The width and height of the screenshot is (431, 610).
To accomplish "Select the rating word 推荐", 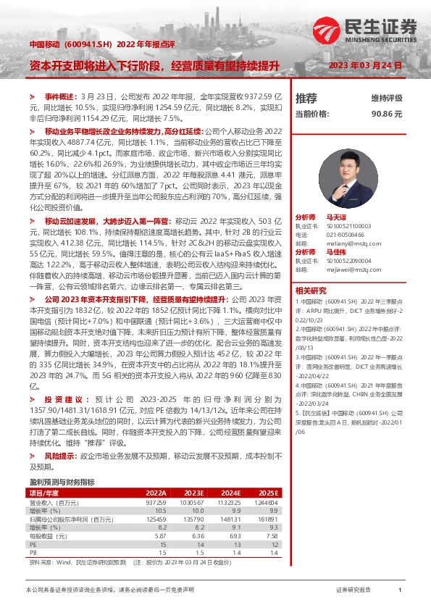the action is pos(306,99).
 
